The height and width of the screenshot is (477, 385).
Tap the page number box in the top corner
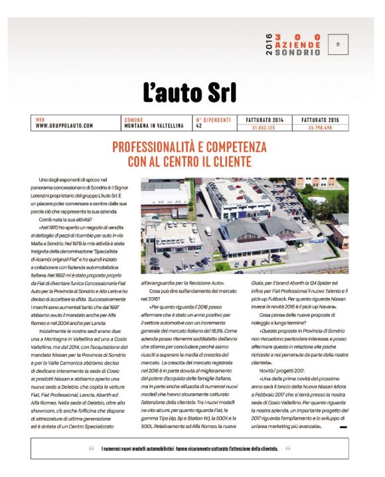pos(339,44)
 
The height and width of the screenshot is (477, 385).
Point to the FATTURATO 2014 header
pos(264,119)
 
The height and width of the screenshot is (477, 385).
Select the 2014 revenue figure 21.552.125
pos(264,125)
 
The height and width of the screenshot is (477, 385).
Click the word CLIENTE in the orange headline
pos(231,161)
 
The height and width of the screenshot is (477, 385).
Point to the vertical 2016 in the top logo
pos(268,44)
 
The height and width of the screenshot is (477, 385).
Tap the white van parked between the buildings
pos(208,232)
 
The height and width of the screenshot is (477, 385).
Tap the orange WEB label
pos(39,119)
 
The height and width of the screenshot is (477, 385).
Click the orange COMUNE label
pos(133,119)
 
